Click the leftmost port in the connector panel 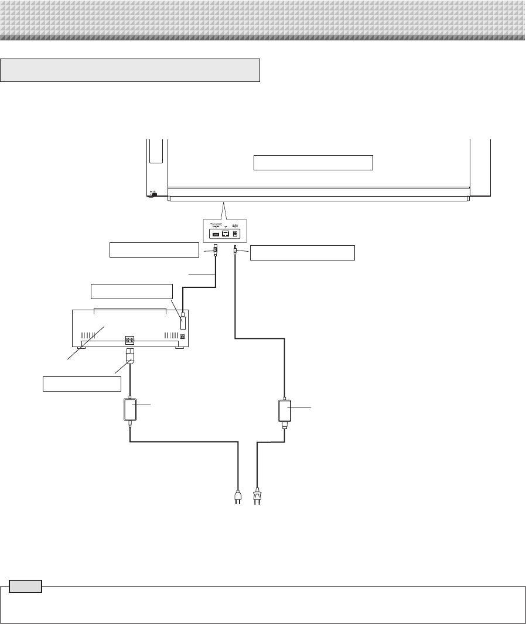(215, 234)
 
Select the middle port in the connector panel (226, 233)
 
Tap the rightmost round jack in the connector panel (236, 233)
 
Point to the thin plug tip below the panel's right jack (235, 251)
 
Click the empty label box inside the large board (313, 162)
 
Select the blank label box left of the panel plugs (154, 250)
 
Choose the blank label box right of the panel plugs (302, 252)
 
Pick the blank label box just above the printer (132, 291)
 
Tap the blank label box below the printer (81, 383)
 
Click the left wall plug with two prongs (237, 497)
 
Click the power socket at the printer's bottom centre (129, 340)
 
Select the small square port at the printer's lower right (182, 337)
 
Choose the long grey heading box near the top (131, 70)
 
